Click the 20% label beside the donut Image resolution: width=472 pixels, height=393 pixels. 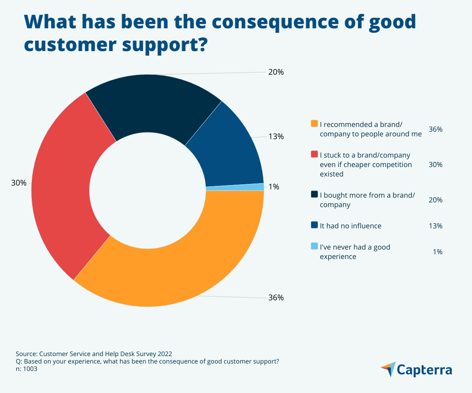pyautogui.click(x=276, y=72)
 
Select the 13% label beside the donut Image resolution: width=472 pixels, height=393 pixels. pyautogui.click(x=276, y=136)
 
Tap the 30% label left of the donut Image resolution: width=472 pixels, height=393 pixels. pyautogui.click(x=18, y=183)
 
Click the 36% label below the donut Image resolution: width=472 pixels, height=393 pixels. pyautogui.click(x=276, y=298)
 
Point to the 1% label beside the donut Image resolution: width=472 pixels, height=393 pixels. pyautogui.click(x=274, y=187)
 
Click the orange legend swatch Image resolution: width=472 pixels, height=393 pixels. pyautogui.click(x=314, y=124)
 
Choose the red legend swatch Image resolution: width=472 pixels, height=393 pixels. pyautogui.click(x=314, y=154)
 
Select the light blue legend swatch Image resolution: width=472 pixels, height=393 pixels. pyautogui.click(x=314, y=246)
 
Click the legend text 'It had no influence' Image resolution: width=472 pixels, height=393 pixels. pyautogui.click(x=350, y=226)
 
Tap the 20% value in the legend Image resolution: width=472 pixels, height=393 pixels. pyautogui.click(x=435, y=200)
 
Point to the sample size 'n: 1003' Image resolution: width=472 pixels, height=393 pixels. pyautogui.click(x=27, y=369)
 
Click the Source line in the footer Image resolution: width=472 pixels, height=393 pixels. pyautogui.click(x=94, y=353)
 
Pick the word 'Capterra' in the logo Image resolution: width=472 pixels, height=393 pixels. pyautogui.click(x=424, y=370)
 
